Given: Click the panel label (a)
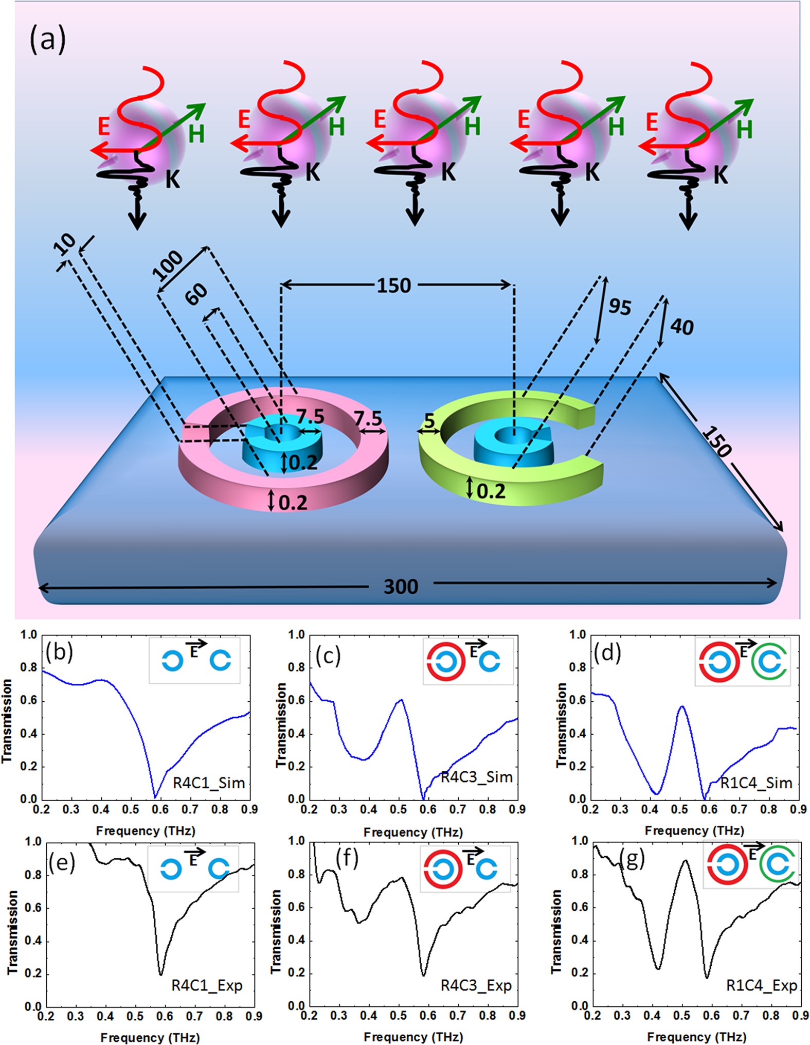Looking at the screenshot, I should (x=47, y=40).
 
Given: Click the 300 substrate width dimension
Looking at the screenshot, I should (x=401, y=586).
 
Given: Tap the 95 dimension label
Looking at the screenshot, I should (x=620, y=307).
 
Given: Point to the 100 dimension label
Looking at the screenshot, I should (x=168, y=264).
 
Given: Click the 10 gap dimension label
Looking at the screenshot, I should (x=65, y=244).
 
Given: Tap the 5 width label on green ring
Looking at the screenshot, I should (x=429, y=421).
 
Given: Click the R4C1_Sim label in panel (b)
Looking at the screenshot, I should (x=209, y=783).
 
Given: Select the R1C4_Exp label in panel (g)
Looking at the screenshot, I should (x=761, y=985).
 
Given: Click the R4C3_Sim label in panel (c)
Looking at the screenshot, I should (x=477, y=777).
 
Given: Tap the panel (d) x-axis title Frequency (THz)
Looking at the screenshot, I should (x=694, y=830).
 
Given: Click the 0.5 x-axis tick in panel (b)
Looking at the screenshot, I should (x=131, y=810).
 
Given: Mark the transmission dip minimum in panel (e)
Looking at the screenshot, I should (x=161, y=973).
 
